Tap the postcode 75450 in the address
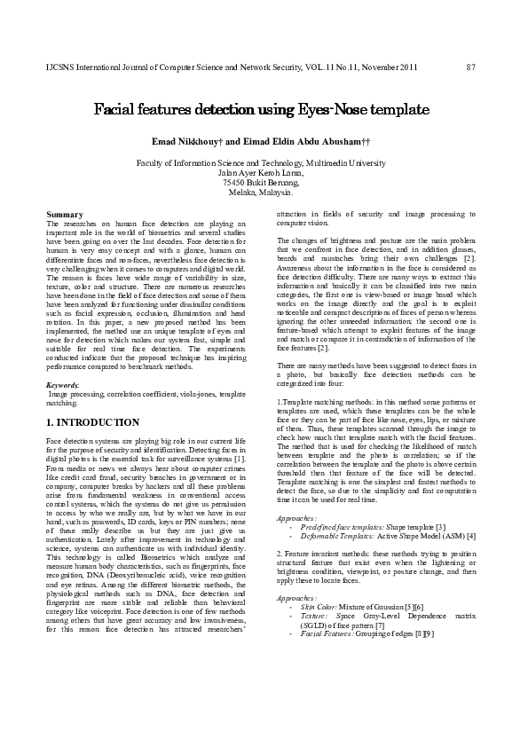tap(236, 182)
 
